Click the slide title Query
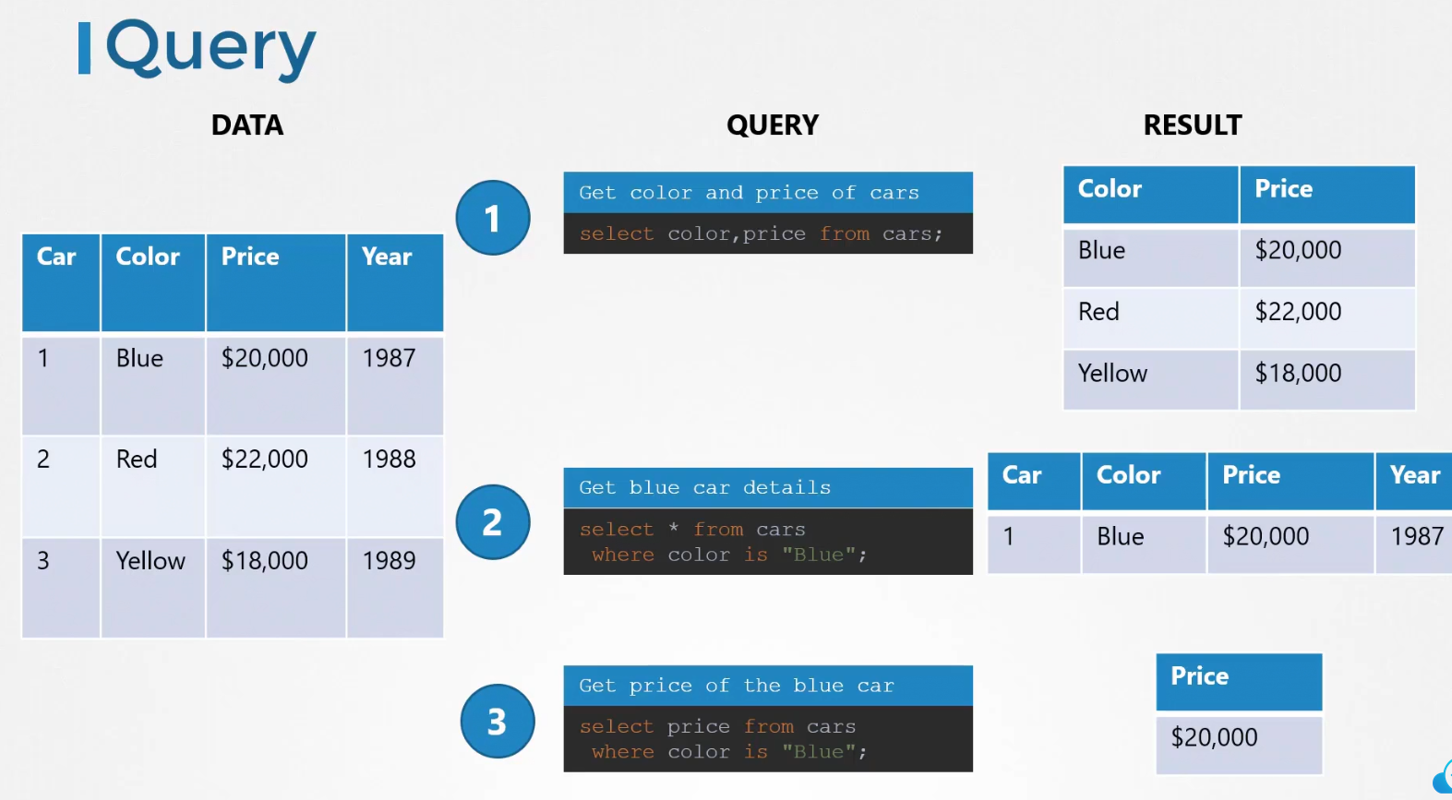(210, 49)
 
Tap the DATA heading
(247, 125)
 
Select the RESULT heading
(1192, 125)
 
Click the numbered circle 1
(493, 218)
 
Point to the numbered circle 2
(493, 522)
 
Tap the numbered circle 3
(498, 721)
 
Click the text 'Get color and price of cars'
(749, 193)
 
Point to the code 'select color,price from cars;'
(761, 233)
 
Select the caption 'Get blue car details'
(704, 487)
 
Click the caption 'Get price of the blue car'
(737, 686)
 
